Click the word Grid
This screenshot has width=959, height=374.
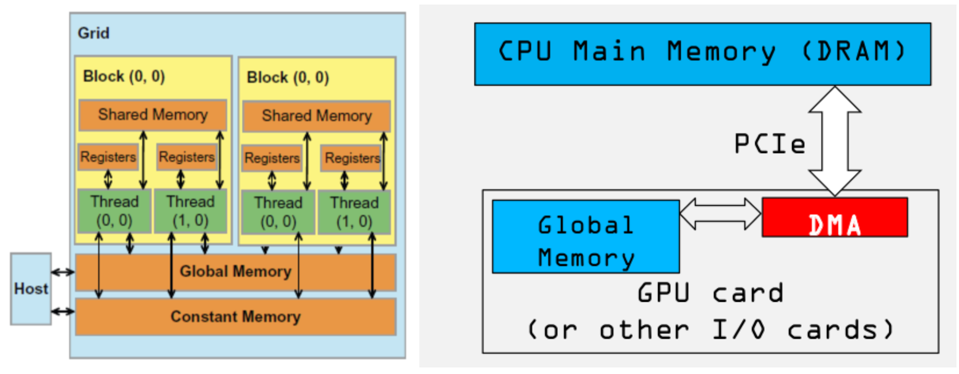(94, 33)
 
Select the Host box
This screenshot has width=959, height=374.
(31, 289)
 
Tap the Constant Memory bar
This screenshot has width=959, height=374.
(235, 317)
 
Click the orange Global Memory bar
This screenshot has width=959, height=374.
(235, 272)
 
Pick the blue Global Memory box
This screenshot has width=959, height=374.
(585, 237)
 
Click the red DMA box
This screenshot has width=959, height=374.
(835, 218)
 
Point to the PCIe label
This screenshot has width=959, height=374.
(769, 144)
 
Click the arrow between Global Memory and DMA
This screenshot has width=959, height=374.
(720, 213)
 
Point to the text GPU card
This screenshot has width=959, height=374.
(710, 293)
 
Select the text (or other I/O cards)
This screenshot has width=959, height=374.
(710, 330)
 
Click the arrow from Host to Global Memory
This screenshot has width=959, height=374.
(63, 272)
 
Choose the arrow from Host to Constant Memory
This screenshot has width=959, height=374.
(63, 311)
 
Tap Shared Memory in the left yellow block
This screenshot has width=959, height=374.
(153, 115)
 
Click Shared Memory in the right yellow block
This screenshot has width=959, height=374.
(317, 116)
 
